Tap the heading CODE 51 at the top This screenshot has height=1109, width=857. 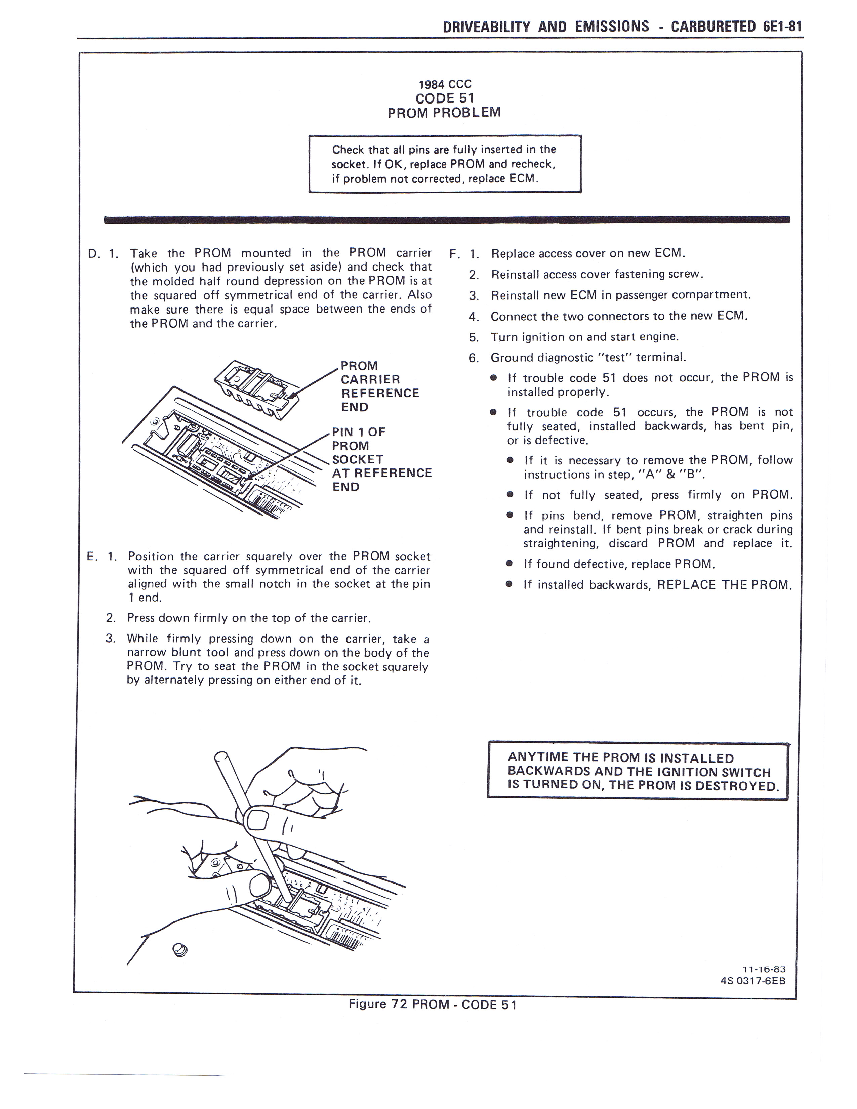(444, 98)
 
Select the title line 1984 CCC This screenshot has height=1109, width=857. (445, 84)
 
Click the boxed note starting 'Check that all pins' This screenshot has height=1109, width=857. (444, 164)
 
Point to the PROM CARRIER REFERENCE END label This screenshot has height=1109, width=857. (379, 386)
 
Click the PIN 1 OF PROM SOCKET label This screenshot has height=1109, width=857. (381, 459)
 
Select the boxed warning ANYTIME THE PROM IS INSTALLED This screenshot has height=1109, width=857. (637, 771)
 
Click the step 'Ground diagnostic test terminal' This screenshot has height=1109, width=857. (588, 358)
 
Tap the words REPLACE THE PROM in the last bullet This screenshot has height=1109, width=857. (724, 585)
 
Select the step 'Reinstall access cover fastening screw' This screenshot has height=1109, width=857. (597, 275)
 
